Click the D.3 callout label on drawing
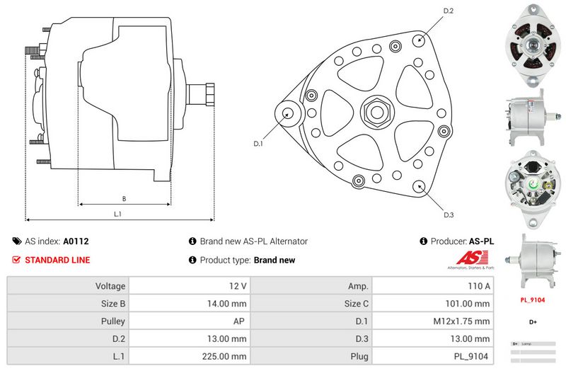pos(448,215)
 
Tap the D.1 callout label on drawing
pos(258,144)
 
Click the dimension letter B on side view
pos(124,198)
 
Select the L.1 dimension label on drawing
pos(118,214)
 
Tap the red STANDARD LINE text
pos(57,260)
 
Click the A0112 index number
pos(76,241)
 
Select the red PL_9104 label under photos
pos(532,299)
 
